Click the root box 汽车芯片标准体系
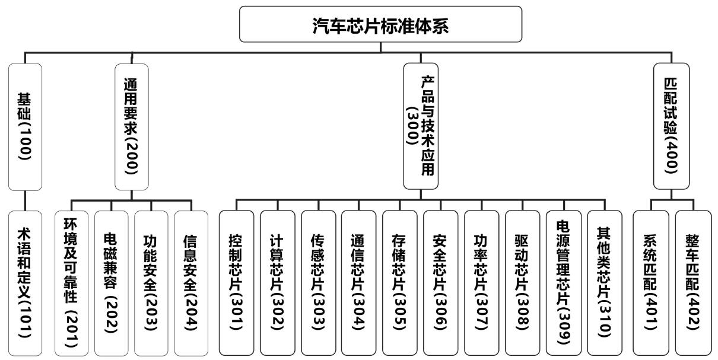click(381, 24)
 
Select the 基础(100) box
click(25, 126)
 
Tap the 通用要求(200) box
click(131, 126)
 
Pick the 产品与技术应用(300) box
click(421, 126)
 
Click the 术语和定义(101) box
click(25, 283)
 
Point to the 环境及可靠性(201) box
click(70, 283)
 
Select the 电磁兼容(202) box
click(110, 283)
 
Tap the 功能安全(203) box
click(151, 283)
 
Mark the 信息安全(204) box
click(191, 283)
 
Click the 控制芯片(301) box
click(236, 283)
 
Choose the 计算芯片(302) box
click(277, 283)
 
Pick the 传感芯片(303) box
click(318, 283)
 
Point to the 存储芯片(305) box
click(400, 283)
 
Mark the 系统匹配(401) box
click(651, 283)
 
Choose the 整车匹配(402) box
click(692, 283)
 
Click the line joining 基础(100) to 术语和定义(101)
click(25, 200)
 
